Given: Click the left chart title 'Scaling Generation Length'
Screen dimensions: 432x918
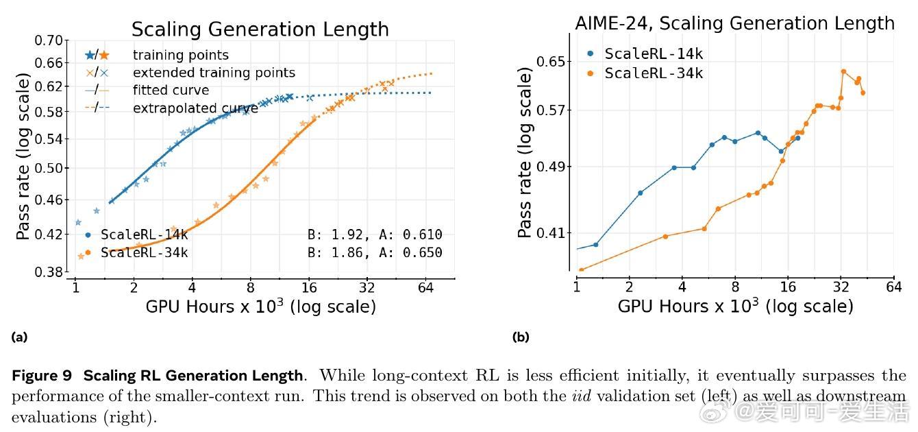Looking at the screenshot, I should tap(260, 29).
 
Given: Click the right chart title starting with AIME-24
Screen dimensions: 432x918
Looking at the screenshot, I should tap(734, 23).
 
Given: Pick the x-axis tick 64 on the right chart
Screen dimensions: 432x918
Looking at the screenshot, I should tap(893, 286).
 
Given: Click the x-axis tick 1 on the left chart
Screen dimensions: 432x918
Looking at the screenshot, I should tap(76, 287).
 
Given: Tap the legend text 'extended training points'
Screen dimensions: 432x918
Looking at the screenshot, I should tap(214, 73).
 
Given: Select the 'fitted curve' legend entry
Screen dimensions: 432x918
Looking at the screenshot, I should tap(171, 91).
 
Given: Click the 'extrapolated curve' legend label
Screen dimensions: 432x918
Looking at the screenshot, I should tap(195, 108).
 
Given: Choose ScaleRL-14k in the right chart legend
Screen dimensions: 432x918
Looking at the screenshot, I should tap(654, 54).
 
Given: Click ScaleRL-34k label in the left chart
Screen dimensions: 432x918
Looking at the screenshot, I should tap(144, 252).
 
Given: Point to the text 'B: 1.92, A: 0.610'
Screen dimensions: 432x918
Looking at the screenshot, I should tap(375, 235).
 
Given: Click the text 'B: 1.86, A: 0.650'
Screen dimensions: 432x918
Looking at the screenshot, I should tap(375, 252).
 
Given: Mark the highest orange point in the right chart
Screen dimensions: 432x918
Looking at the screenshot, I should tap(843, 71).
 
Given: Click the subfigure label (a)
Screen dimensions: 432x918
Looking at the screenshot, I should tap(19, 337).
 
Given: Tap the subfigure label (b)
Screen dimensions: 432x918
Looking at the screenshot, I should tap(520, 337).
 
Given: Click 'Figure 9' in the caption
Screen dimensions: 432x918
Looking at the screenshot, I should tap(42, 376).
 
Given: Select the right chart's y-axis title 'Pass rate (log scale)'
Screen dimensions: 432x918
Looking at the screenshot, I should tap(525, 152).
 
